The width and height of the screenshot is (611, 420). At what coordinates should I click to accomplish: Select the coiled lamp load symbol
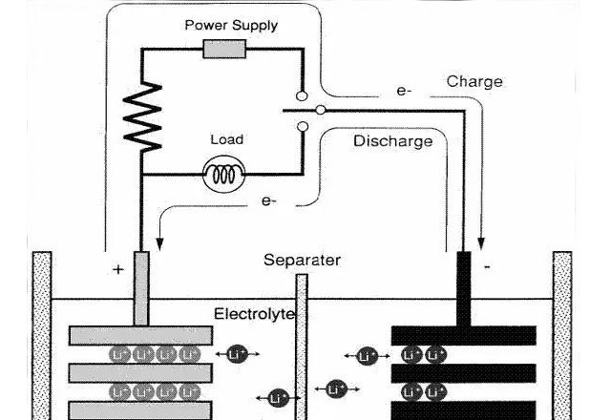coord(225,174)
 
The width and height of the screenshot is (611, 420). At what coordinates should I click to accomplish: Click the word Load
coord(226,139)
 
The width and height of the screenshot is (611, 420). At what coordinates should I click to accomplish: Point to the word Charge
coord(474,82)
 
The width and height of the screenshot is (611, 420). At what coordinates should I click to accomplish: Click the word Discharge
coord(392,141)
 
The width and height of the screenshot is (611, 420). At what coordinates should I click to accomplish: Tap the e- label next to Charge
coord(404,92)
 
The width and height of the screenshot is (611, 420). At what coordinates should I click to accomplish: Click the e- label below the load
coord(270,201)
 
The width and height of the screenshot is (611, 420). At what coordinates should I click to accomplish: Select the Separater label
coord(303,260)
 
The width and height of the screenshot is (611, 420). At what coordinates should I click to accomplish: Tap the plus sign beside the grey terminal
coord(117,270)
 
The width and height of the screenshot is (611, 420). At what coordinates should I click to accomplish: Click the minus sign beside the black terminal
coord(487,268)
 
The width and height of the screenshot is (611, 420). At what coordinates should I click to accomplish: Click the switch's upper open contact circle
coord(303,97)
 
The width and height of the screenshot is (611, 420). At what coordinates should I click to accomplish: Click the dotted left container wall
coord(42,334)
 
